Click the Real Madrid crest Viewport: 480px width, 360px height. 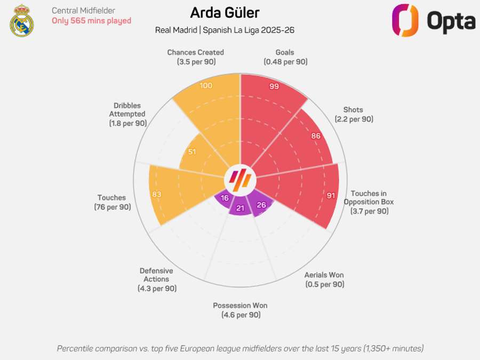(x=21, y=20)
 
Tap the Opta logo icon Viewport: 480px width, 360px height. (x=405, y=20)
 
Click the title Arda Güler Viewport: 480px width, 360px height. (x=225, y=12)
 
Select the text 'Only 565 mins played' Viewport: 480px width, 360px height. (x=91, y=21)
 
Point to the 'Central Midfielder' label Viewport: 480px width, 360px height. (x=83, y=11)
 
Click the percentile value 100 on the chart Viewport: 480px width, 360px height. (x=206, y=86)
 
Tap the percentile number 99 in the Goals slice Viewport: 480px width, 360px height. (x=274, y=86)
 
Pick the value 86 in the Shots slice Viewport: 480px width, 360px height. (x=316, y=136)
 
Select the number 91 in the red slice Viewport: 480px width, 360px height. (x=331, y=196)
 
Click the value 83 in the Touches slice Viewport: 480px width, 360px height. (x=156, y=194)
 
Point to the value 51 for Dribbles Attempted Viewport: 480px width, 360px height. (x=192, y=152)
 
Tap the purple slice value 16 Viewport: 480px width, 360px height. (x=225, y=198)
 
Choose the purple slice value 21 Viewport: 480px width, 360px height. (x=240, y=208)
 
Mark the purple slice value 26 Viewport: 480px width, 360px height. (x=261, y=204)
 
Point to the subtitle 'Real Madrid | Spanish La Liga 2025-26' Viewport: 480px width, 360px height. (x=225, y=30)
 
